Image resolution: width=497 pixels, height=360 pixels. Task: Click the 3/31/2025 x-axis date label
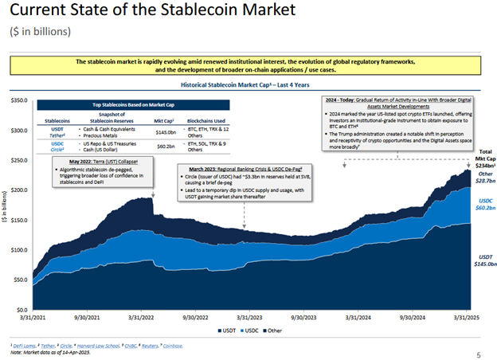tap(466, 316)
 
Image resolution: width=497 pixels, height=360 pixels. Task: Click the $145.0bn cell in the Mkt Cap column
tap(167, 132)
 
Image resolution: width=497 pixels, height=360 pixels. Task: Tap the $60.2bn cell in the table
tap(167, 147)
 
